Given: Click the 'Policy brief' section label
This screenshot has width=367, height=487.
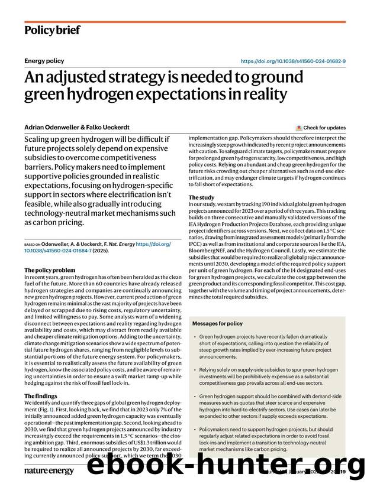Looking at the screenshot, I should tap(52, 30).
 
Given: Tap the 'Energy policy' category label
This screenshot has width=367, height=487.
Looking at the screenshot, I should tap(44, 61).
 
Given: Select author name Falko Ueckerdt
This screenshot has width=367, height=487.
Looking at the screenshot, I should tap(113, 128).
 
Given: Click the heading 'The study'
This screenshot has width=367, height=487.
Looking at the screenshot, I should tap(201, 197).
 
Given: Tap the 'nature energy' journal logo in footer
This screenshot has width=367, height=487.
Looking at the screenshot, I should tap(49, 470).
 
